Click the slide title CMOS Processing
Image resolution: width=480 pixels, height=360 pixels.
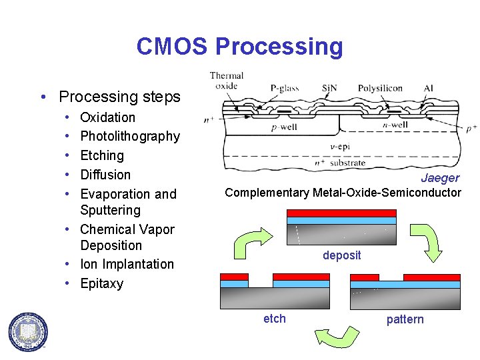coord(239,47)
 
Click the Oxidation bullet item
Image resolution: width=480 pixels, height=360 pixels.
coord(107,117)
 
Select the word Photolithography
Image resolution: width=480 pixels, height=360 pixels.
coord(130,136)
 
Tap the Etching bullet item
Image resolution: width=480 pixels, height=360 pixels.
coord(102,155)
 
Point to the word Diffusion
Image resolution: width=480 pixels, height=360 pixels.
coord(105,175)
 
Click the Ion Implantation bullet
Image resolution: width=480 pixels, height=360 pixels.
coord(127,264)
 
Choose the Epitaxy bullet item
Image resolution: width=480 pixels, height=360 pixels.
coord(101,283)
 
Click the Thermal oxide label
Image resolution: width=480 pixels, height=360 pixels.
coord(227,80)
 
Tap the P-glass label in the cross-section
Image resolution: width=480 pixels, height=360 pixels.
coord(285,88)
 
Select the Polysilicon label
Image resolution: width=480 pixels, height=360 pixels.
coord(380,88)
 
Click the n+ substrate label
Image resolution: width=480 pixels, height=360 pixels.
coord(340,162)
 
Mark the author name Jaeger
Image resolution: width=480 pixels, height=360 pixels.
coord(440,178)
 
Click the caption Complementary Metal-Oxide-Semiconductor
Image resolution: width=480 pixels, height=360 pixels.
coord(343,193)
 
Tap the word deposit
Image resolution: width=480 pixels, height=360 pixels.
coord(341,255)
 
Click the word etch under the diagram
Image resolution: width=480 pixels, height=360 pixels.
coord(274,319)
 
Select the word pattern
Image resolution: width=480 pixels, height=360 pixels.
coord(405,319)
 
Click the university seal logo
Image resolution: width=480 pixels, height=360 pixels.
coord(28,331)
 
